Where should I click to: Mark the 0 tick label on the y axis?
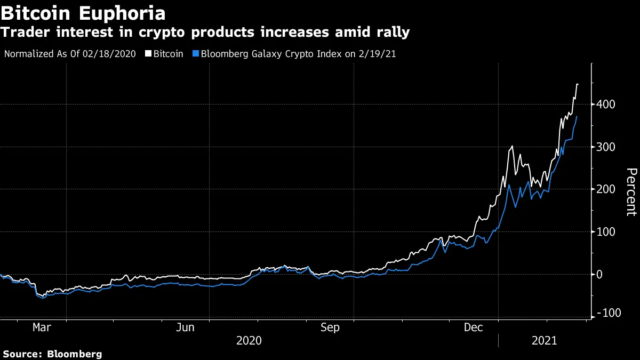coord(599,275)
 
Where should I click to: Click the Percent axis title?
coord(631,192)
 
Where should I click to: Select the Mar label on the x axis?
coord(42,327)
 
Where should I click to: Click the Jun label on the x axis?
coord(185,327)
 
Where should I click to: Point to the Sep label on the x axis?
coord(330,327)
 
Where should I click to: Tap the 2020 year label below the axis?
coord(249,340)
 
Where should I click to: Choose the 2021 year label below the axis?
coord(544,340)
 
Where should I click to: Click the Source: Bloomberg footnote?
coord(52,354)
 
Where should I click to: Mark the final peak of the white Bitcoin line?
coord(577,84)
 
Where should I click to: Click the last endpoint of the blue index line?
coord(577,117)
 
